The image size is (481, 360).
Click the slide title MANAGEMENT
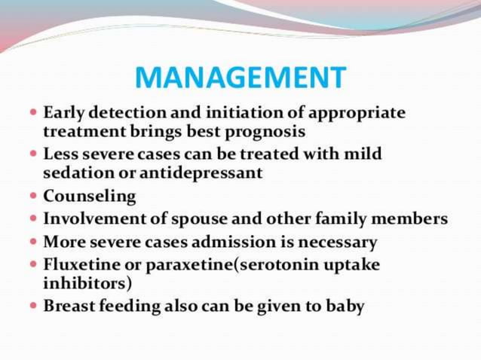240,77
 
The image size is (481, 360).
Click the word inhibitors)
87,284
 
